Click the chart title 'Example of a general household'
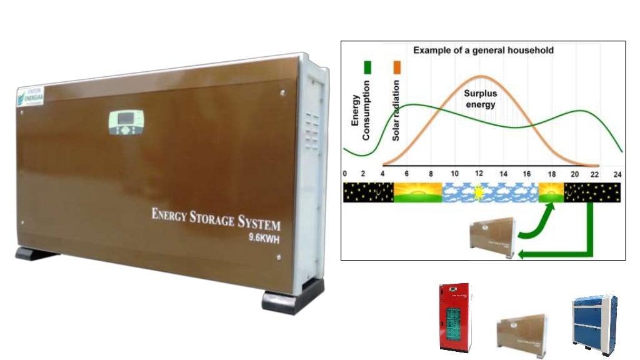[483, 50]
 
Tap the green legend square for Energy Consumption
[369, 66]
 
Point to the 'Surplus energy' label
[480, 99]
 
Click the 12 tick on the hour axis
[479, 174]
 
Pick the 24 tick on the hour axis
[617, 174]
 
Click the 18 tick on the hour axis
[551, 174]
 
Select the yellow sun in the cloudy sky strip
[479, 192]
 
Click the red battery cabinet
[454, 318]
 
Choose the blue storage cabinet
[594, 321]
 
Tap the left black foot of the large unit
[36, 254]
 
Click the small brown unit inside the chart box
[492, 237]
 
